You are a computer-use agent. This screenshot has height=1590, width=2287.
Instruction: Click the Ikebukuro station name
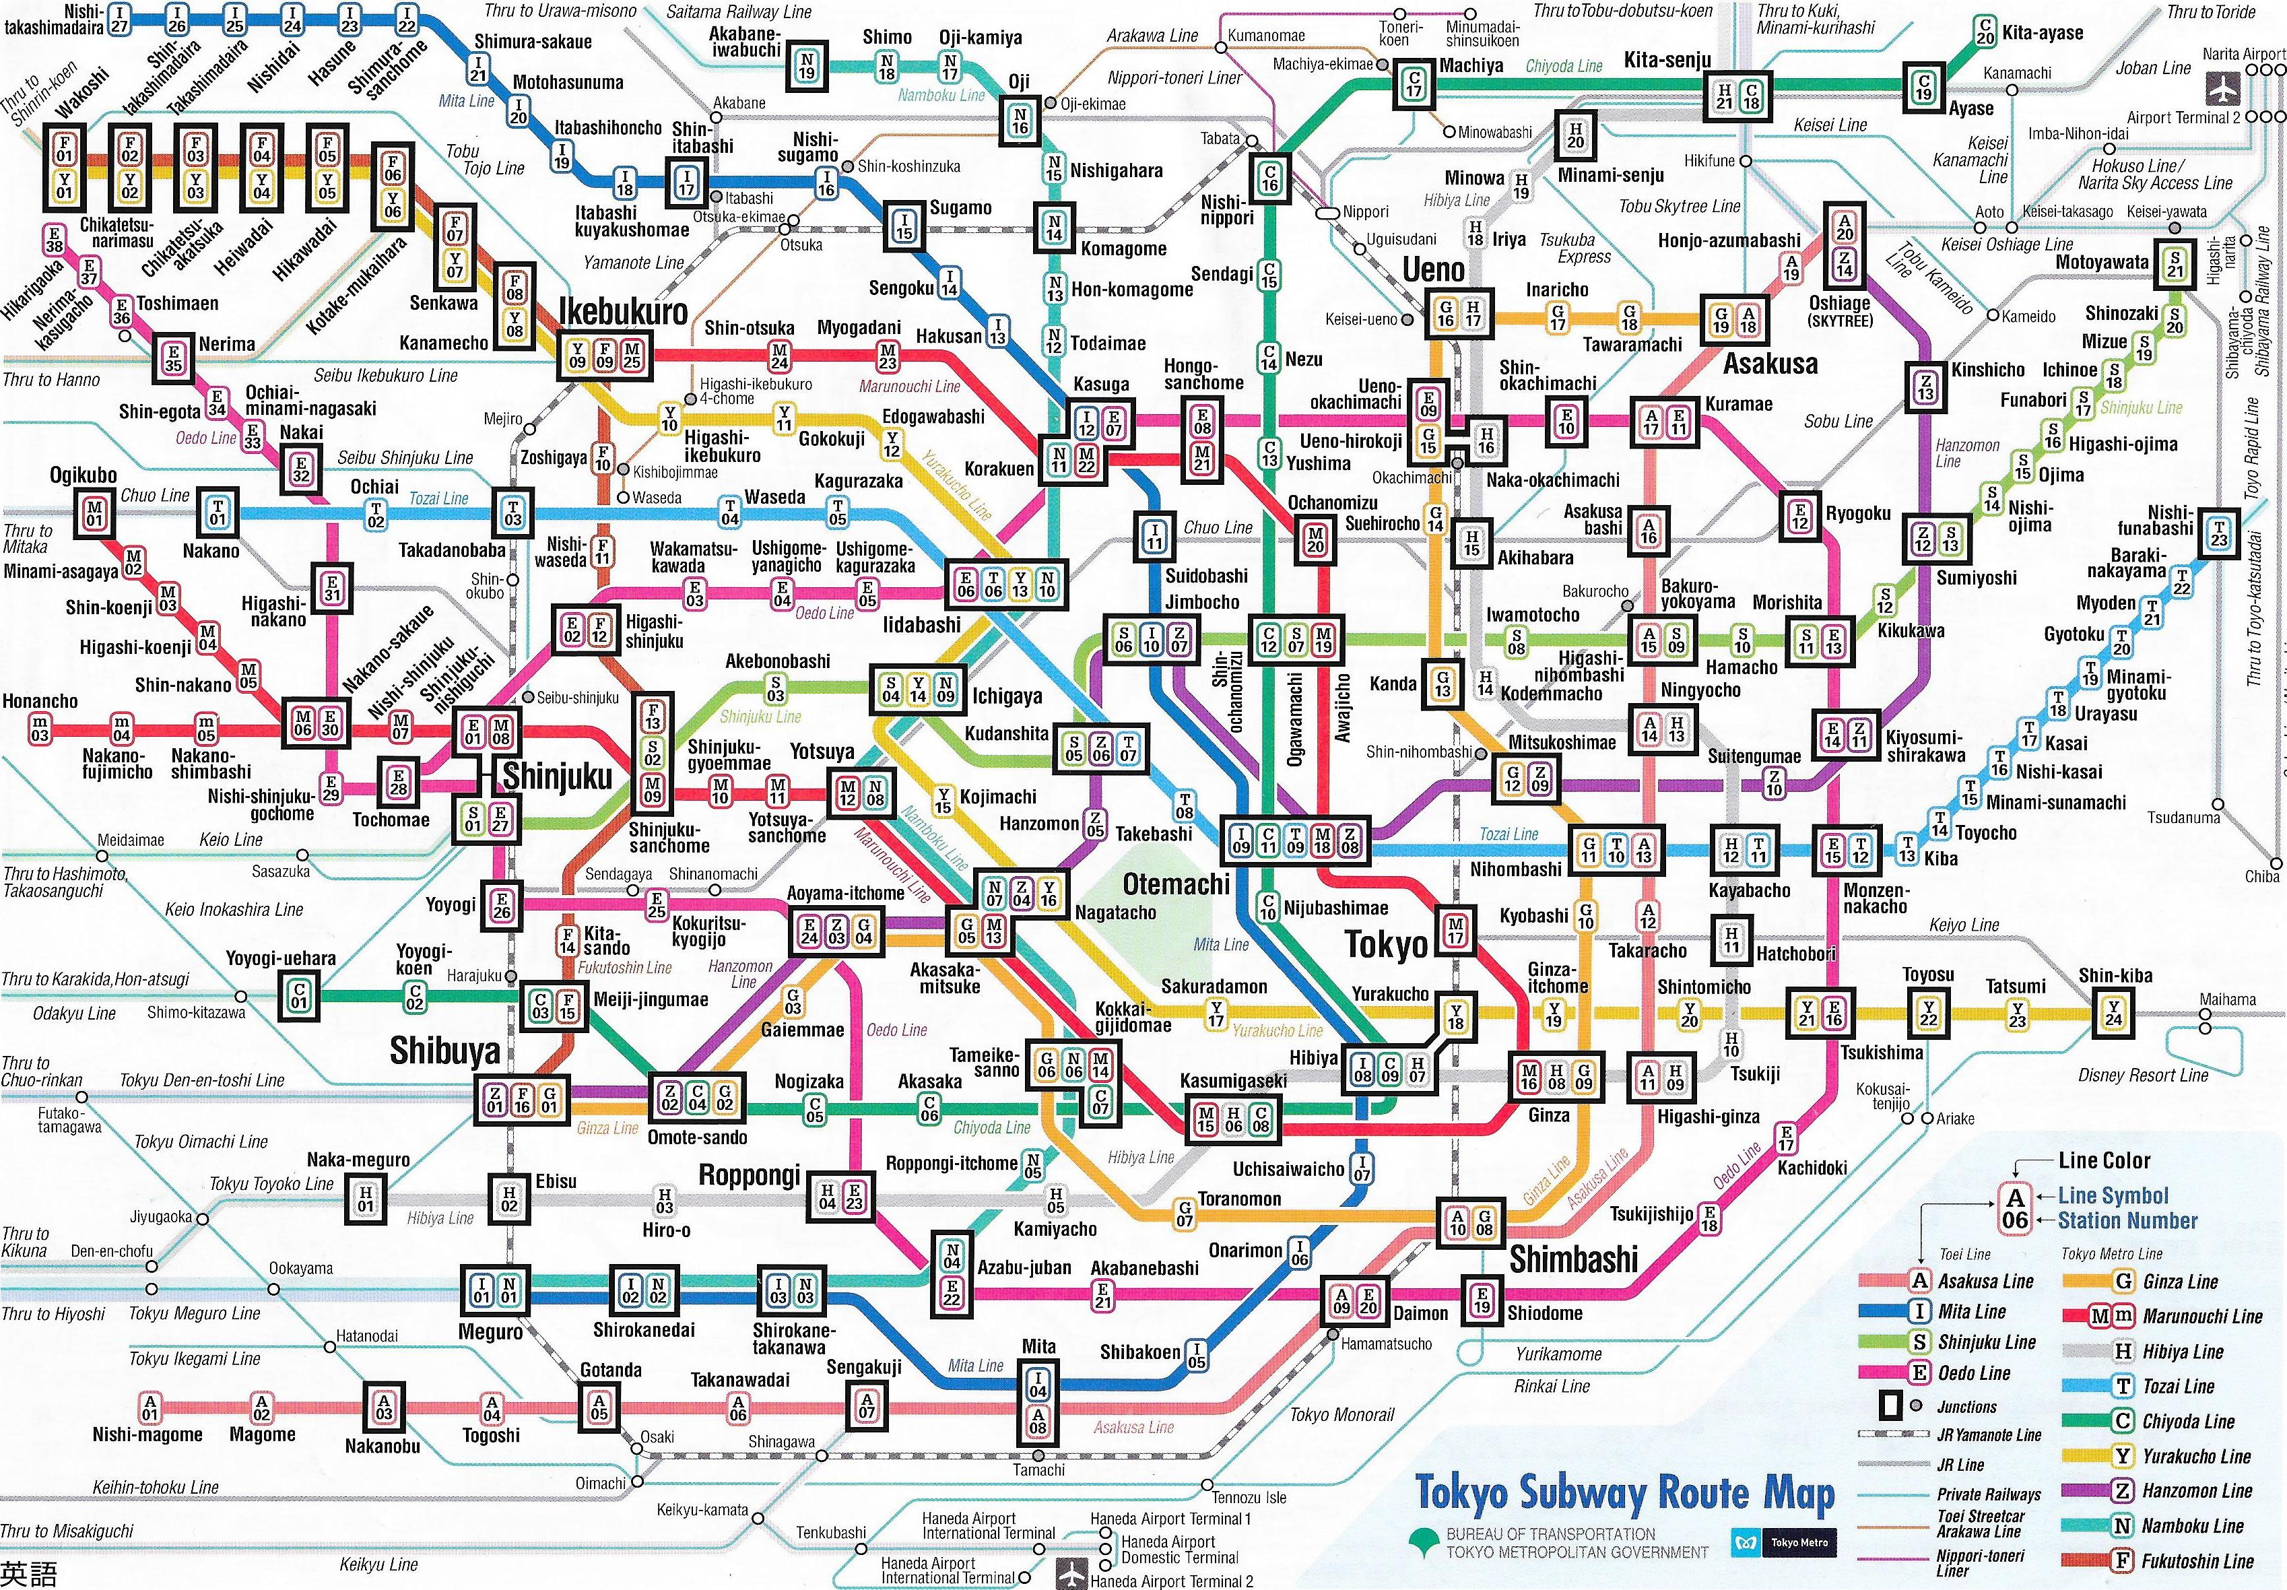[622, 312]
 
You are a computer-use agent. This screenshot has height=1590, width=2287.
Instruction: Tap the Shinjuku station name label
[557, 776]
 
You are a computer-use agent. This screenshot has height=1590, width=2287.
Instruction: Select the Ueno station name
[1433, 269]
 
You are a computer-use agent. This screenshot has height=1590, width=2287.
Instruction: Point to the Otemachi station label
[1176, 884]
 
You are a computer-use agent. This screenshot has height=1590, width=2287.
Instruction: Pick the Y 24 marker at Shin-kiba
[2114, 1013]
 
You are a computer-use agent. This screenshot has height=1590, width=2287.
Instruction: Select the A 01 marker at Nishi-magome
[150, 1407]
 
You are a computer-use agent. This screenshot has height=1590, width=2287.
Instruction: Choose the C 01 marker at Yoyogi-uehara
[300, 994]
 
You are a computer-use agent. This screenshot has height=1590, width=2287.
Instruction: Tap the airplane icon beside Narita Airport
[2218, 88]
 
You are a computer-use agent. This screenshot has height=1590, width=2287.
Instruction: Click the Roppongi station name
[749, 1176]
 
